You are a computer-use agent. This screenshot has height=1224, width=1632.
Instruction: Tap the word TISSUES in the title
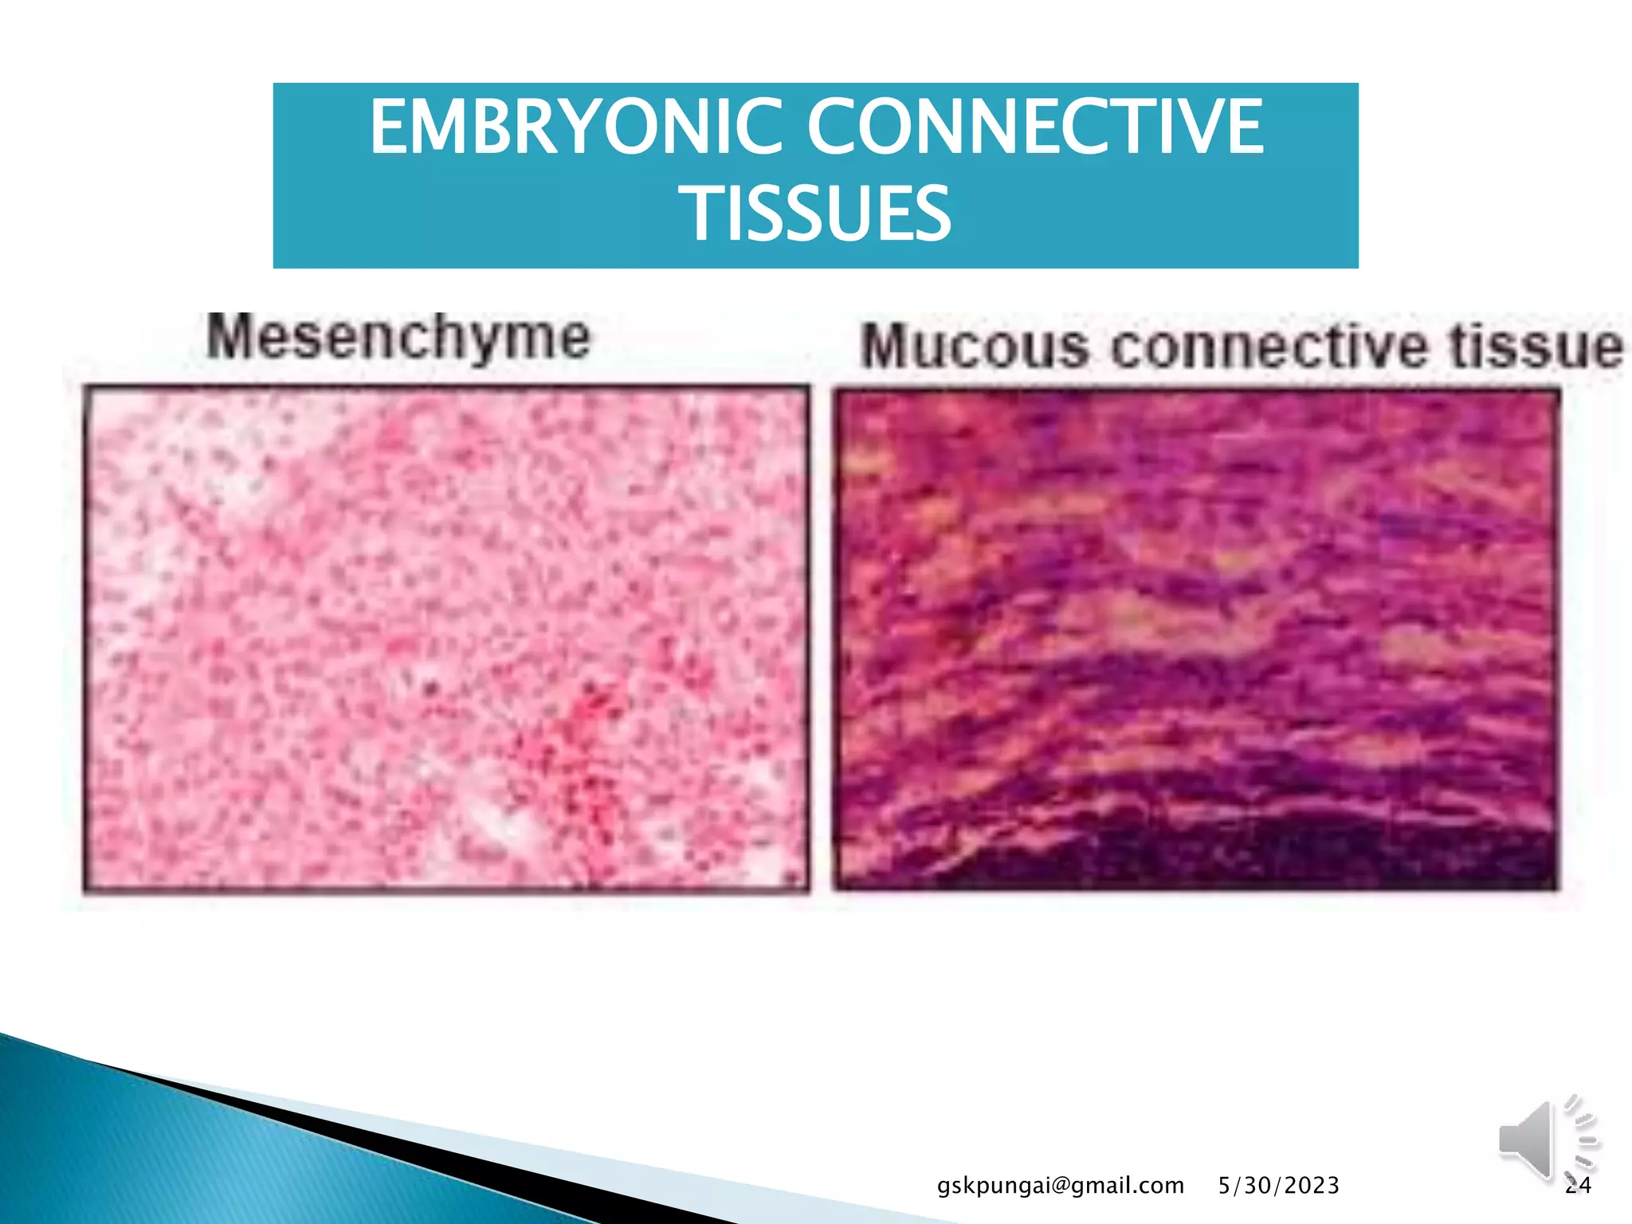pyautogui.click(x=818, y=213)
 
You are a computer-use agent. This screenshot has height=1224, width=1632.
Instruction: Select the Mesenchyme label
pyautogui.click(x=398, y=338)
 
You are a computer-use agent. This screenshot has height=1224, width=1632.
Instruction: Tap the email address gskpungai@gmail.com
pyautogui.click(x=1060, y=1186)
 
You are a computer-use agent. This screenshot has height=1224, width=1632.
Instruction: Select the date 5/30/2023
pyautogui.click(x=1278, y=1186)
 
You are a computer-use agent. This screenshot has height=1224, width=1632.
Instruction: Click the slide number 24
pyautogui.click(x=1578, y=1186)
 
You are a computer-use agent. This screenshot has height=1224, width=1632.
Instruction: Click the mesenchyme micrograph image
pyautogui.click(x=446, y=637)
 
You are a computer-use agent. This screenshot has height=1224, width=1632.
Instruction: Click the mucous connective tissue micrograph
pyautogui.click(x=1195, y=637)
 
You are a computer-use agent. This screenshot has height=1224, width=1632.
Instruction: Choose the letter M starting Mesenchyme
pyautogui.click(x=231, y=338)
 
